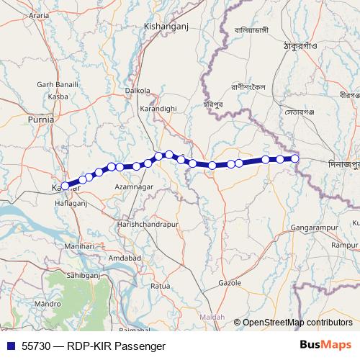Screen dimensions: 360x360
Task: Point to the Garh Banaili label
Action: point(58,84)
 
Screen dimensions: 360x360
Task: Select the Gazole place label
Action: point(228,283)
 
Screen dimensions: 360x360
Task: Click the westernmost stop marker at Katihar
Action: point(65,186)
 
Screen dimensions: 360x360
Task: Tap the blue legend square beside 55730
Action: point(9,346)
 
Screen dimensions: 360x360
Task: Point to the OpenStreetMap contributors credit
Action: point(297,322)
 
